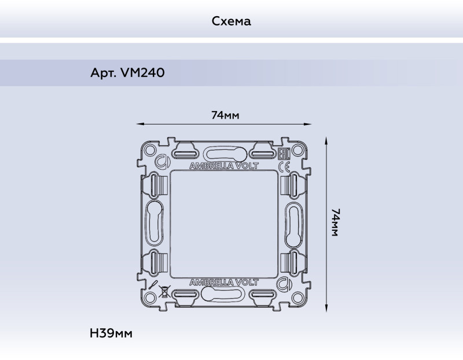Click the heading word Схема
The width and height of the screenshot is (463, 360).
(x=231, y=21)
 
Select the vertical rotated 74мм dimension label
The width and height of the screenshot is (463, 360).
(x=335, y=222)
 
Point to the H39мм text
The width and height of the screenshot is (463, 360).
(x=111, y=334)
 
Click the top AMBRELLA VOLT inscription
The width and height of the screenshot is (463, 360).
(x=225, y=166)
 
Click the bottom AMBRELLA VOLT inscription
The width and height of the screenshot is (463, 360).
(x=225, y=282)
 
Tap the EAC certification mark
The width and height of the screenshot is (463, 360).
(x=284, y=155)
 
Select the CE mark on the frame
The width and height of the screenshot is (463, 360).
(x=285, y=167)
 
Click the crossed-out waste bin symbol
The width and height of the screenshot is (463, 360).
(x=164, y=291)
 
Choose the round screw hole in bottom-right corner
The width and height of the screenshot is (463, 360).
(x=299, y=298)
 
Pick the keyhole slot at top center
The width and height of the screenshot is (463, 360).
(x=225, y=153)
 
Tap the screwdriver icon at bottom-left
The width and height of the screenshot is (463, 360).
(x=152, y=285)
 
